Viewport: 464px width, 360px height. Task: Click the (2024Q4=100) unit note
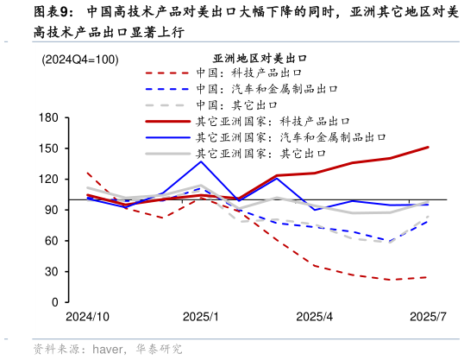[80, 60]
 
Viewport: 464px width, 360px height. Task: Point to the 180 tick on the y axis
[48, 117]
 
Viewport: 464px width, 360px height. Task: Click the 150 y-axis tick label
[48, 148]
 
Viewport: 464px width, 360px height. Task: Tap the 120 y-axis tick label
[48, 179]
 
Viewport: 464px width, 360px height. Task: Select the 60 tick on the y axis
[51, 241]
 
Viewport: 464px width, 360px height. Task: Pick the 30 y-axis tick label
[51, 272]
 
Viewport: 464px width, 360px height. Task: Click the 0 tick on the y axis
[54, 303]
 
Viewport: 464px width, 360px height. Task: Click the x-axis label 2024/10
[87, 317]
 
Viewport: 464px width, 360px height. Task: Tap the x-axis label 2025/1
[203, 317]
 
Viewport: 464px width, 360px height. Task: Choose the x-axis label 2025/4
[314, 317]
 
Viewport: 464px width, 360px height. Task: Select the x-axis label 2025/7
[428, 317]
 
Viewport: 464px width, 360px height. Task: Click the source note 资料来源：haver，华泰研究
[108, 349]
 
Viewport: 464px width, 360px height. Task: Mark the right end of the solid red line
[429, 148]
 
